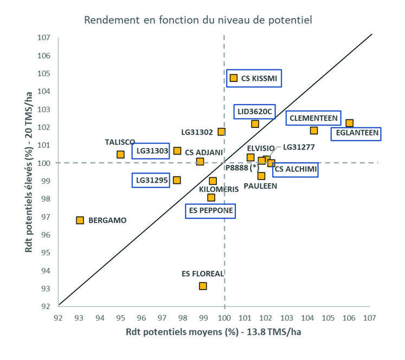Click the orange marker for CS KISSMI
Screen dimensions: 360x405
tap(234, 78)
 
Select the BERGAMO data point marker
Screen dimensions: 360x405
tap(80, 220)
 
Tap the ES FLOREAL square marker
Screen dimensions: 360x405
tap(203, 286)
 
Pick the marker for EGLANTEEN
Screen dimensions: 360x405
tap(350, 123)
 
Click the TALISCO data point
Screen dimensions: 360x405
tap(120, 155)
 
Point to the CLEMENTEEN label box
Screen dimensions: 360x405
tap(314, 118)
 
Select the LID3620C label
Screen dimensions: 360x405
tap(254, 112)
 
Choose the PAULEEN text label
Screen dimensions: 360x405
tap(260, 185)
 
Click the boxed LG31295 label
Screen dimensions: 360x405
tap(151, 179)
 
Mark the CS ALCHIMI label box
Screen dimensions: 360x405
tap(295, 170)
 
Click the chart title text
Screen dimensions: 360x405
tap(198, 21)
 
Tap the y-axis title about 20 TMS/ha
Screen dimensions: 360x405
tap(28, 171)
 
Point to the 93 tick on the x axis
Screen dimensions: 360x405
tap(79, 317)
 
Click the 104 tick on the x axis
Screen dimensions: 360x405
tap(307, 317)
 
